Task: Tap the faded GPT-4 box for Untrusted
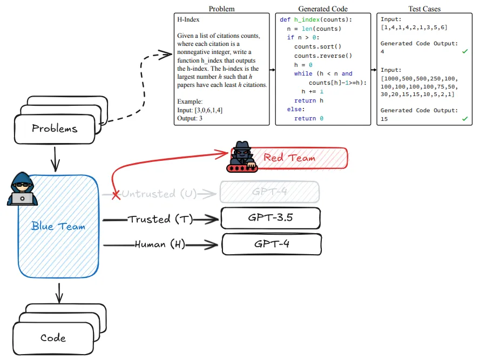tap(269, 192)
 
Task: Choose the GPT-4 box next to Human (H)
tap(272, 244)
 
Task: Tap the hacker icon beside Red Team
tap(244, 157)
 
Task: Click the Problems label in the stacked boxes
tap(55, 128)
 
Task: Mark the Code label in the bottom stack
tap(53, 338)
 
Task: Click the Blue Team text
tap(58, 226)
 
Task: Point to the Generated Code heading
tap(323, 9)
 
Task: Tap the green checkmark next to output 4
tap(464, 52)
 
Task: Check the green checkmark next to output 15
tap(464, 118)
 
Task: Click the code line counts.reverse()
tap(323, 56)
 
